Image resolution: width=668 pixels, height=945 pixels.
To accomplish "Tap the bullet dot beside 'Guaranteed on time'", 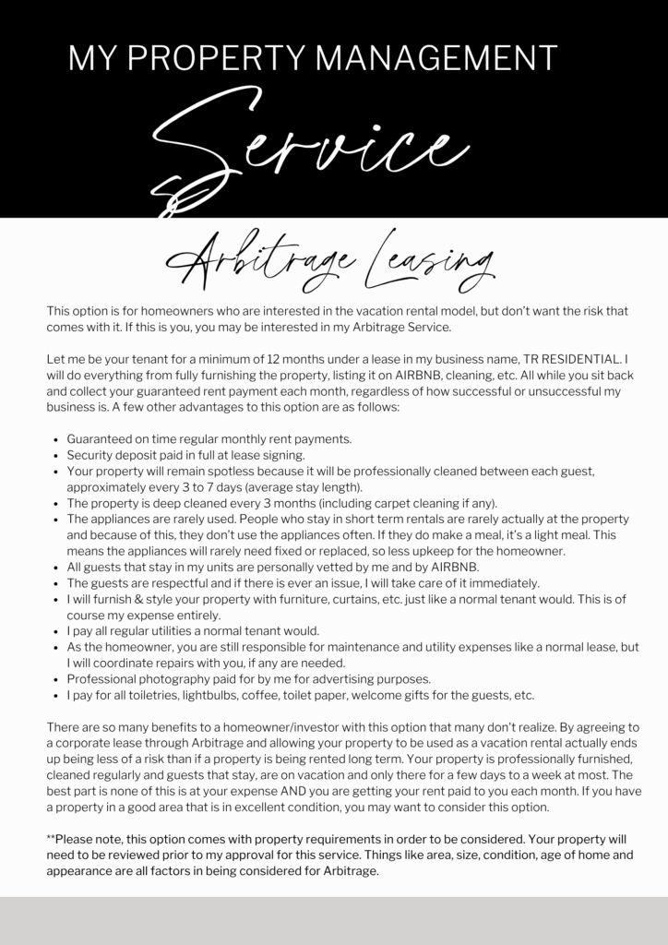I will click(x=57, y=439).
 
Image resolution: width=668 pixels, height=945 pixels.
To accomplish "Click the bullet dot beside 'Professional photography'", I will click(x=57, y=679).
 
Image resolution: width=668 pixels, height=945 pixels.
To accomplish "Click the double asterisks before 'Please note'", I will click(x=50, y=839).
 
